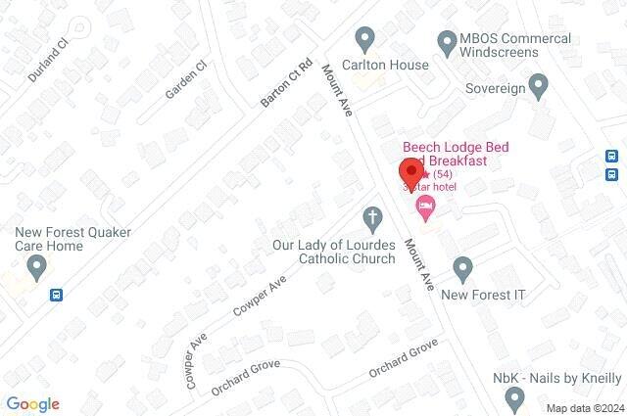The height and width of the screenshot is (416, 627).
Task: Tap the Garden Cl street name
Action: pyautogui.click(x=186, y=79)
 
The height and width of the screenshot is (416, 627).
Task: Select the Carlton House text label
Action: pyautogui.click(x=391, y=65)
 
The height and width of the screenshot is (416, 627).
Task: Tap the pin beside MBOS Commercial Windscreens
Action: pyautogui.click(x=446, y=41)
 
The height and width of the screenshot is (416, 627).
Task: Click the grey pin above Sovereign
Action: pyautogui.click(x=537, y=84)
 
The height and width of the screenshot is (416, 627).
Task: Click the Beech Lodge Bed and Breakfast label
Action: pyautogui.click(x=457, y=151)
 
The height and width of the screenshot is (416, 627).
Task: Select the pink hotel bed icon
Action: pyautogui.click(x=424, y=205)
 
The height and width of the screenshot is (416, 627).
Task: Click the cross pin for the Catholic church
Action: pyautogui.click(x=371, y=216)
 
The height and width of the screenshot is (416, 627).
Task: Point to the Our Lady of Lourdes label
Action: pyautogui.click(x=334, y=252)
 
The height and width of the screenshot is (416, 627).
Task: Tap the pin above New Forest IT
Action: pyautogui.click(x=463, y=266)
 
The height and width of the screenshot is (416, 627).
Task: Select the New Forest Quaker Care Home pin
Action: pyautogui.click(x=36, y=265)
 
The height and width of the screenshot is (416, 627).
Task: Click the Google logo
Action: pyautogui.click(x=32, y=404)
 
